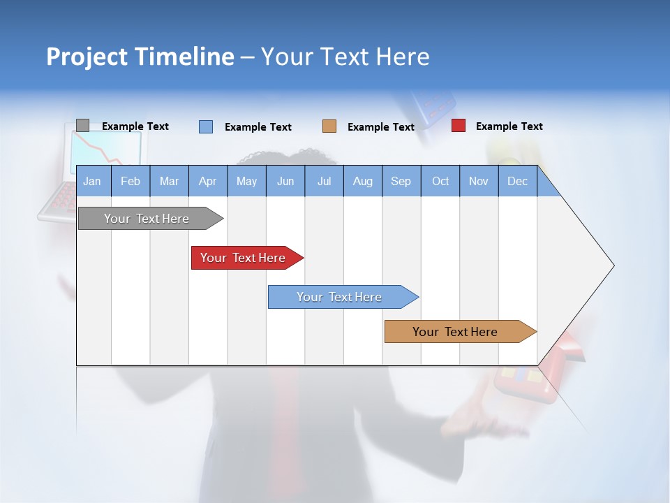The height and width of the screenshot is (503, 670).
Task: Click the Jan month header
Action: (x=92, y=182)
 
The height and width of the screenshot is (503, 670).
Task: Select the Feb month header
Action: (x=131, y=182)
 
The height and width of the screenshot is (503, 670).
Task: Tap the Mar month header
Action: (x=169, y=182)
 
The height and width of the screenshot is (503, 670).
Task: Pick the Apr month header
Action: (x=208, y=182)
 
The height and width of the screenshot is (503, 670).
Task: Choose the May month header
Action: (x=246, y=182)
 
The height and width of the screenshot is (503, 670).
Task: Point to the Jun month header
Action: (x=285, y=182)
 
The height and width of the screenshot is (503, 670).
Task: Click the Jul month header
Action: (x=324, y=182)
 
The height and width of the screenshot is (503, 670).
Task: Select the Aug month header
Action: (x=363, y=182)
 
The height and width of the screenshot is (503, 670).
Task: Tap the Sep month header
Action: (x=401, y=182)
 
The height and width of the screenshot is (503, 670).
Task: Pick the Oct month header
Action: (x=440, y=182)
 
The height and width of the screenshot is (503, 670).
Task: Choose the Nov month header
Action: (x=479, y=182)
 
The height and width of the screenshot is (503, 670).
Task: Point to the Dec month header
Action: (x=518, y=182)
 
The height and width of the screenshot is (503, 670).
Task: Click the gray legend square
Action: (x=83, y=126)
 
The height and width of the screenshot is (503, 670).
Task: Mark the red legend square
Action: (x=459, y=126)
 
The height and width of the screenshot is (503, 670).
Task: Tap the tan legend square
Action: (x=329, y=126)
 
